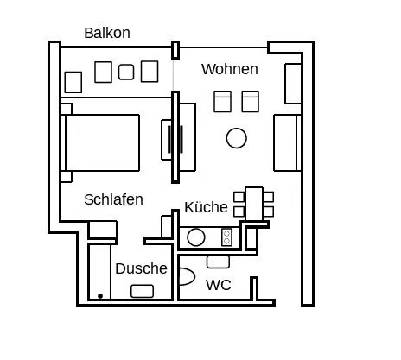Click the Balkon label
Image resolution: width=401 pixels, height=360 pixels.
pyautogui.click(x=107, y=33)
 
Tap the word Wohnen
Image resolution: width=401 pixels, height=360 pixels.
pyautogui.click(x=230, y=69)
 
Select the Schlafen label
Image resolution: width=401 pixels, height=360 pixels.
pyautogui.click(x=113, y=199)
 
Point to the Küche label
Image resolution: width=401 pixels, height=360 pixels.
pyautogui.click(x=206, y=207)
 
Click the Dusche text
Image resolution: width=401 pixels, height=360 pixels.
pyautogui.click(x=141, y=268)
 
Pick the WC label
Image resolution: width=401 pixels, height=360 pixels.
pyautogui.click(x=219, y=285)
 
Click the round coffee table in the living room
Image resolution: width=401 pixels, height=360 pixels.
pyautogui.click(x=237, y=138)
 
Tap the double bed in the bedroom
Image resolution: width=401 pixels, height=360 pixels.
pyautogui.click(x=100, y=142)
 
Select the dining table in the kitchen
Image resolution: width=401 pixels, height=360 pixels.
pyautogui.click(x=254, y=204)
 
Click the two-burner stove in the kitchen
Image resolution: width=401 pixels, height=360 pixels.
pyautogui.click(x=226, y=237)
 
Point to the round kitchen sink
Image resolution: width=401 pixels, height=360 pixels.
pyautogui.click(x=196, y=237)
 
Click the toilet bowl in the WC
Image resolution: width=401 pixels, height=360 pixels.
pyautogui.click(x=187, y=276)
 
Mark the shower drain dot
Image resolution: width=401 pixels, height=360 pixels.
pyautogui.click(x=100, y=296)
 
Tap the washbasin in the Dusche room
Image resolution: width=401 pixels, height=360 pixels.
pyautogui.click(x=142, y=291)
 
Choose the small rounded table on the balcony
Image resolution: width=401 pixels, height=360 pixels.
pyautogui.click(x=126, y=72)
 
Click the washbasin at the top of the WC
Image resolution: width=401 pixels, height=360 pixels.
pyautogui.click(x=218, y=262)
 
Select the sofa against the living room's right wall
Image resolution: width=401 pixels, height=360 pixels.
pyautogui.click(x=287, y=142)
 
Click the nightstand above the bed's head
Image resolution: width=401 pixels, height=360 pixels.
pyautogui.click(x=67, y=109)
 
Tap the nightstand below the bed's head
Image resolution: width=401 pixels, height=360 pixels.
pyautogui.click(x=67, y=177)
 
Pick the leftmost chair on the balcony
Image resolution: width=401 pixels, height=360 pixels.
pyautogui.click(x=73, y=82)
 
